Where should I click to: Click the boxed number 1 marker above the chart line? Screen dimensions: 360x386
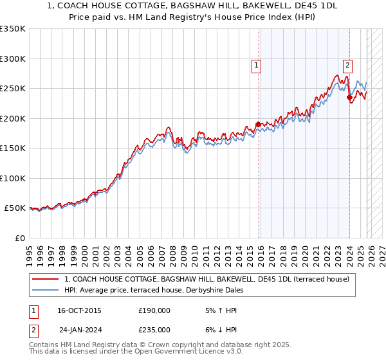(x=257, y=64)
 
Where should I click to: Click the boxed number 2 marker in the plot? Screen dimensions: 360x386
(x=347, y=64)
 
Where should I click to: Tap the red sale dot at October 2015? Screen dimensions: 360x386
(x=258, y=124)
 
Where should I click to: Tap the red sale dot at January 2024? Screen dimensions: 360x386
(x=349, y=98)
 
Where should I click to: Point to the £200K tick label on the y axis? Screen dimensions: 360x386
(x=13, y=118)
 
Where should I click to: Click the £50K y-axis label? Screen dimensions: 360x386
(x=15, y=208)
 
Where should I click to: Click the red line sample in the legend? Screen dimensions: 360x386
(x=46, y=279)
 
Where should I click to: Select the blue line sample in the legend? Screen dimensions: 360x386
(x=46, y=290)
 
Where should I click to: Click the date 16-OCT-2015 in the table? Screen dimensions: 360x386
(x=79, y=310)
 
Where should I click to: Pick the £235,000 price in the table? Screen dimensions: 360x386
(x=154, y=330)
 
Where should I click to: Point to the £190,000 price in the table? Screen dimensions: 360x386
(x=154, y=310)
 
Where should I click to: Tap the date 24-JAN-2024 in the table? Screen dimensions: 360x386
(x=79, y=330)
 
